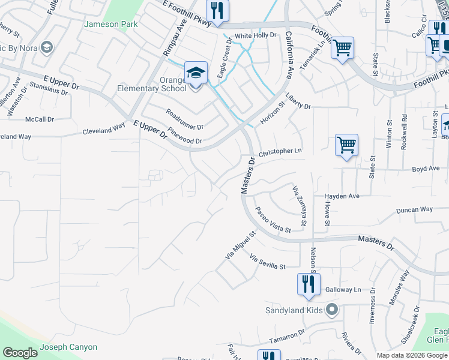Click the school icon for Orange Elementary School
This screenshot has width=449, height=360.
[196, 73]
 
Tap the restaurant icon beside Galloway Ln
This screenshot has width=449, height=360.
[309, 284]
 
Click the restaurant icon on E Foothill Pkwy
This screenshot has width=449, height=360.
[216, 10]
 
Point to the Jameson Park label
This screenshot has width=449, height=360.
[111, 25]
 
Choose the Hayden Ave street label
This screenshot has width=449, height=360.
[342, 196]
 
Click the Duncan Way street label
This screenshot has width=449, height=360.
[415, 209]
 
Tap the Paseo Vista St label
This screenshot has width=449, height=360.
[273, 220]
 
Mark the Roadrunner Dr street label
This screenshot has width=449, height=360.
[185, 119]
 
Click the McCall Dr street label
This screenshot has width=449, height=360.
[40, 119]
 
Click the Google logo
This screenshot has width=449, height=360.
[20, 352]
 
